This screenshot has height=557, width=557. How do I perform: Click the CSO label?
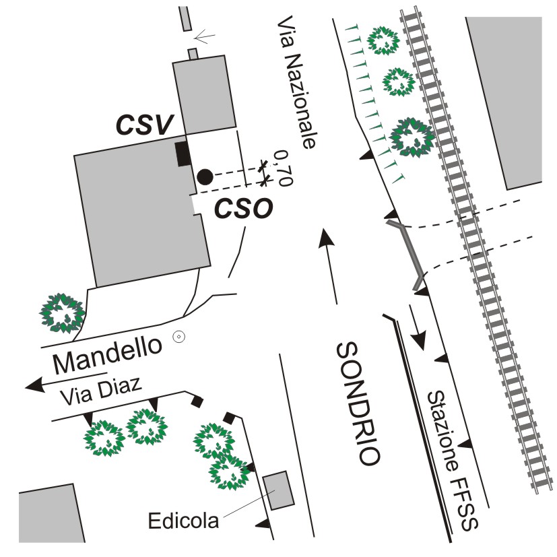[x=243, y=209]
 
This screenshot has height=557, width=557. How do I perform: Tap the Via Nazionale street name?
[x=296, y=84]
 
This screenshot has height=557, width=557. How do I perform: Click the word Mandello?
[x=108, y=356]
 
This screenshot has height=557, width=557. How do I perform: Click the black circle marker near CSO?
[x=205, y=177]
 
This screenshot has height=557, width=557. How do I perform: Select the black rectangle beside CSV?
[x=182, y=154]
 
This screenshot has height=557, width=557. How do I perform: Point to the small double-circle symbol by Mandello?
[x=178, y=337]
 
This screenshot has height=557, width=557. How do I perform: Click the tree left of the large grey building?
[x=62, y=313]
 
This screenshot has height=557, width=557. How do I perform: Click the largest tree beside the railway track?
[x=412, y=137]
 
